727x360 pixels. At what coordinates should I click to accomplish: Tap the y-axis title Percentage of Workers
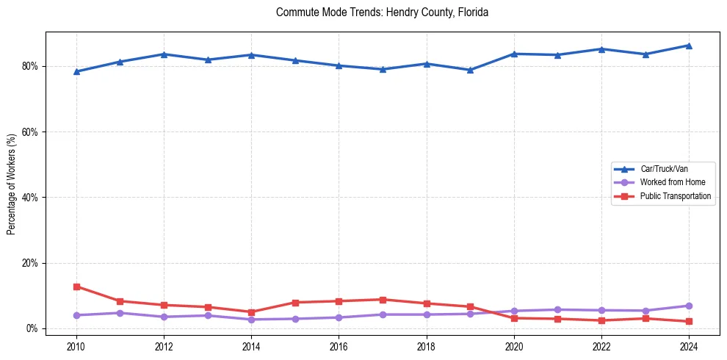12,184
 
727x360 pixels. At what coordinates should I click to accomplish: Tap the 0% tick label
32,328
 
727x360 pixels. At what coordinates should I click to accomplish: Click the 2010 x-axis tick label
76,345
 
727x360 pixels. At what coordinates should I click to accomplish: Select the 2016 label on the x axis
339,345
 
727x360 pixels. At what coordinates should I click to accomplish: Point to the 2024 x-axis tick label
689,345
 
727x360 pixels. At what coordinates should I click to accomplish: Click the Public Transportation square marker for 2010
76,287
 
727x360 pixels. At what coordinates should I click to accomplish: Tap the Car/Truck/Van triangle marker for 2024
689,46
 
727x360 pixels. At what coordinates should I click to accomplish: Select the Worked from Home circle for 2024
689,306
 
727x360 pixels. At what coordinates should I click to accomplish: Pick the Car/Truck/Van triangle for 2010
76,71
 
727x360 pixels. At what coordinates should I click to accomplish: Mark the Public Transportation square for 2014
251,312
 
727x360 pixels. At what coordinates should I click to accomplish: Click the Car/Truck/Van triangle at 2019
470,70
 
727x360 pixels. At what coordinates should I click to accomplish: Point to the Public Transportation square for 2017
383,300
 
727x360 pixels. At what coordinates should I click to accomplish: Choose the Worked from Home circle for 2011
120,313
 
